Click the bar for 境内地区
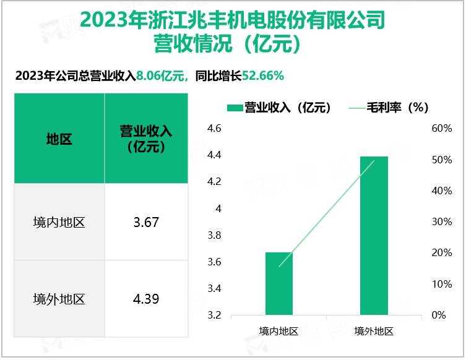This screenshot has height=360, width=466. coord(279,284)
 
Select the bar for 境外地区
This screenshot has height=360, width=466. coord(374,236)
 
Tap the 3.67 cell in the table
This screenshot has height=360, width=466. coord(146,222)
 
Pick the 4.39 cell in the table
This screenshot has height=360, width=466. coord(146,299)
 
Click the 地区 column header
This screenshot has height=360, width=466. coord(59,139)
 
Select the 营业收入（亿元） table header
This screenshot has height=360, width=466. coord(146,139)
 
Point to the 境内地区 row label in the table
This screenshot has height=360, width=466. coord(59,222)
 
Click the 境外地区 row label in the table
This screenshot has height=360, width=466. coord(59,299)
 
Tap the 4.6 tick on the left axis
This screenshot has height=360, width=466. coord(214,129)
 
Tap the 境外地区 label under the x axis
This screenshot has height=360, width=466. coord(374,331)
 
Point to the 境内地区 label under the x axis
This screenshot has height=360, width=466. coord(279,331)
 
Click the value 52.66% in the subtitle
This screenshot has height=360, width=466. coord(263,76)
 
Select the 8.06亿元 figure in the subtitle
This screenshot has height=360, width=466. coord(161,76)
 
